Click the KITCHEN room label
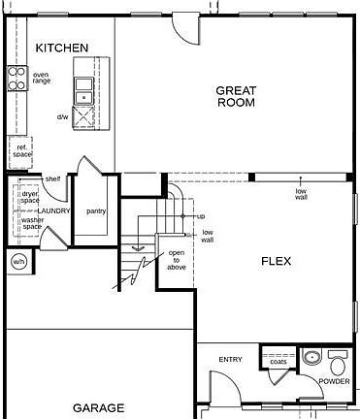(x=62, y=48)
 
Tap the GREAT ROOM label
(x=236, y=95)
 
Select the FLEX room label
(x=277, y=261)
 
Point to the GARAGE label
(x=98, y=408)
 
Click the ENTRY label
(x=230, y=360)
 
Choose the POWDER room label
(x=335, y=381)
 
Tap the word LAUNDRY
(x=53, y=210)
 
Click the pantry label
(x=96, y=210)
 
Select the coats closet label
(x=278, y=362)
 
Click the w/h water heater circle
(x=18, y=262)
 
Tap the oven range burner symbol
(x=16, y=77)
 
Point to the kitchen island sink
(x=84, y=94)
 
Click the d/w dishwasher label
(x=62, y=116)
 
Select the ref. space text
(x=23, y=150)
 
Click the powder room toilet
(x=338, y=365)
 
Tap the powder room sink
(x=311, y=358)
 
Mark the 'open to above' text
(x=177, y=260)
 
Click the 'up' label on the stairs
(x=201, y=216)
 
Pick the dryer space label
(x=30, y=196)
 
